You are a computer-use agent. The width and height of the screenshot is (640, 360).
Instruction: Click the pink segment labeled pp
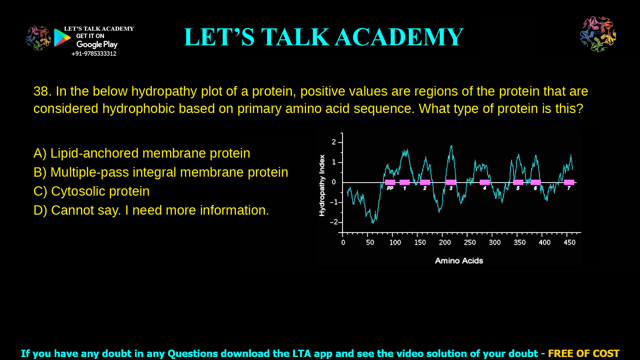pyautogui.click(x=390, y=182)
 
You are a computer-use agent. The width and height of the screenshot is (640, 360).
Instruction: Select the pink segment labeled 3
pyautogui.click(x=451, y=182)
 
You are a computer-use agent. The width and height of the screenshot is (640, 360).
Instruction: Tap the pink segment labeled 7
pyautogui.click(x=569, y=182)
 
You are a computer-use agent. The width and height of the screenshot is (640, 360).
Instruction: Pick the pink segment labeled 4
pyautogui.click(x=485, y=182)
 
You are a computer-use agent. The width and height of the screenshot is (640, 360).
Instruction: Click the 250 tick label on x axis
pyautogui.click(x=470, y=243)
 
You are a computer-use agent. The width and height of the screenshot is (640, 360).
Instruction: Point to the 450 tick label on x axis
pyautogui.click(x=569, y=243)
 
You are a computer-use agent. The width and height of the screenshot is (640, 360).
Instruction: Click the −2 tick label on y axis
pyautogui.click(x=334, y=222)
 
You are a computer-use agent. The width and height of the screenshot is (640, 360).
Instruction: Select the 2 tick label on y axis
pyautogui.click(x=334, y=142)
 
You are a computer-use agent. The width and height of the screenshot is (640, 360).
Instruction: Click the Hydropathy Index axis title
pyautogui.click(x=322, y=185)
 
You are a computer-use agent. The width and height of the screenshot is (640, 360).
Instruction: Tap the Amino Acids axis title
pyautogui.click(x=459, y=261)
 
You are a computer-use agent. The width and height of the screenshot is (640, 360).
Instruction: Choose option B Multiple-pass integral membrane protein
pyautogui.click(x=161, y=172)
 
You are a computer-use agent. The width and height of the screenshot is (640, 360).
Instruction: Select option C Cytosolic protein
pyautogui.click(x=91, y=191)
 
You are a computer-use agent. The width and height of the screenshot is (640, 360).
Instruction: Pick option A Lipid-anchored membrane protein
pyautogui.click(x=142, y=153)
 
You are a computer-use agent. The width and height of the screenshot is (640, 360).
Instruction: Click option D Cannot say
pyautogui.click(x=151, y=210)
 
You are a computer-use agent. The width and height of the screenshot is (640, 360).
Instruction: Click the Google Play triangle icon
pyautogui.click(x=62, y=38)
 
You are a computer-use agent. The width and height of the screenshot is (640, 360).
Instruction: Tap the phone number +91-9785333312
pyautogui.click(x=94, y=54)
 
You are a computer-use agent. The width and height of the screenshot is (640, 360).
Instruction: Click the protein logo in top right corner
pyautogui.click(x=598, y=34)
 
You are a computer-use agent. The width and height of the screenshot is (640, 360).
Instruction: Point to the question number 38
pyautogui.click(x=42, y=91)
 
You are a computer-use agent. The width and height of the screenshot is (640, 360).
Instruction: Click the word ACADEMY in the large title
pyautogui.click(x=399, y=37)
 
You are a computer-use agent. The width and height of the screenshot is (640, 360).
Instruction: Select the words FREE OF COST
pyautogui.click(x=583, y=353)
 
